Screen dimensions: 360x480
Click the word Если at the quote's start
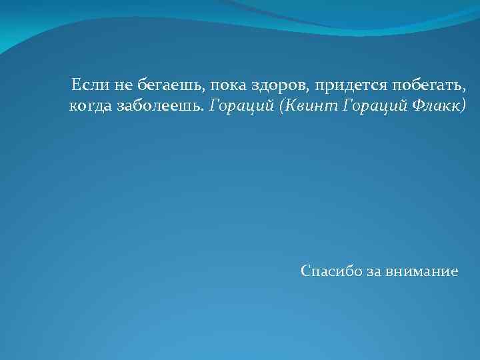point(87,85)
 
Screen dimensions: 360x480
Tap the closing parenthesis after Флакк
point(464,107)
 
